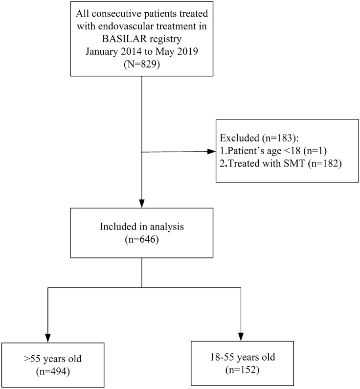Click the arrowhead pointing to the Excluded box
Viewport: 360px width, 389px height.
tap(213, 152)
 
